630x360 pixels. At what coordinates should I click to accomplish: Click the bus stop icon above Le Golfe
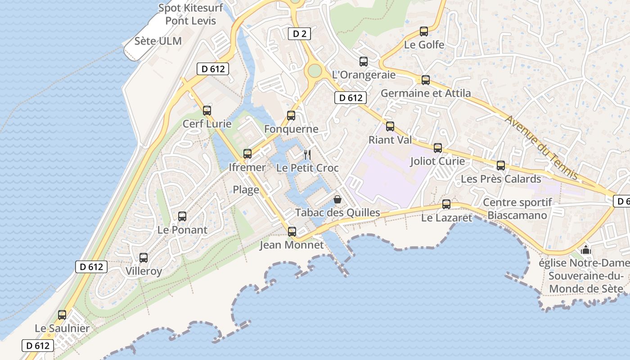click(x=423, y=31)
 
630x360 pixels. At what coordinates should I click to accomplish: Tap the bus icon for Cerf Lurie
click(x=207, y=111)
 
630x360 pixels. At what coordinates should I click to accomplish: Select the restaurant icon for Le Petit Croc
click(x=307, y=155)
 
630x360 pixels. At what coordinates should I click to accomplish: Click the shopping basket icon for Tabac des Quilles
click(x=337, y=199)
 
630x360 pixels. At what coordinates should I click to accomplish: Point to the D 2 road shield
click(x=299, y=33)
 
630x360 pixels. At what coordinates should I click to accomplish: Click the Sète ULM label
click(x=158, y=41)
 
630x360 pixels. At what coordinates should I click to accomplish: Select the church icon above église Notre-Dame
click(x=586, y=249)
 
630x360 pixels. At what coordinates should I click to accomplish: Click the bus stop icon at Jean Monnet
click(x=292, y=232)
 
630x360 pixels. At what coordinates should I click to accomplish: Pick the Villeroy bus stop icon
click(x=143, y=258)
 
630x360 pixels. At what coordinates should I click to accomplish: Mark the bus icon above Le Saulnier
click(x=62, y=315)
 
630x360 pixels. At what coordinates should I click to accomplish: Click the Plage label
click(x=246, y=190)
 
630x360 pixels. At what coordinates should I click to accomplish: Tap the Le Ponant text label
click(x=182, y=230)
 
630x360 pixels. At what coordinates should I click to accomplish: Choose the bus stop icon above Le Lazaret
click(x=446, y=204)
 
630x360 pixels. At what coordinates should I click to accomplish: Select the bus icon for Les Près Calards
click(x=501, y=166)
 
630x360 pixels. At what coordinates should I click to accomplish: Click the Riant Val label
click(x=390, y=140)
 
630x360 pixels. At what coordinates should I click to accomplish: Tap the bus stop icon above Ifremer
click(x=247, y=154)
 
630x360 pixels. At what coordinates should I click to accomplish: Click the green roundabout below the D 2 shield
click(x=315, y=71)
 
